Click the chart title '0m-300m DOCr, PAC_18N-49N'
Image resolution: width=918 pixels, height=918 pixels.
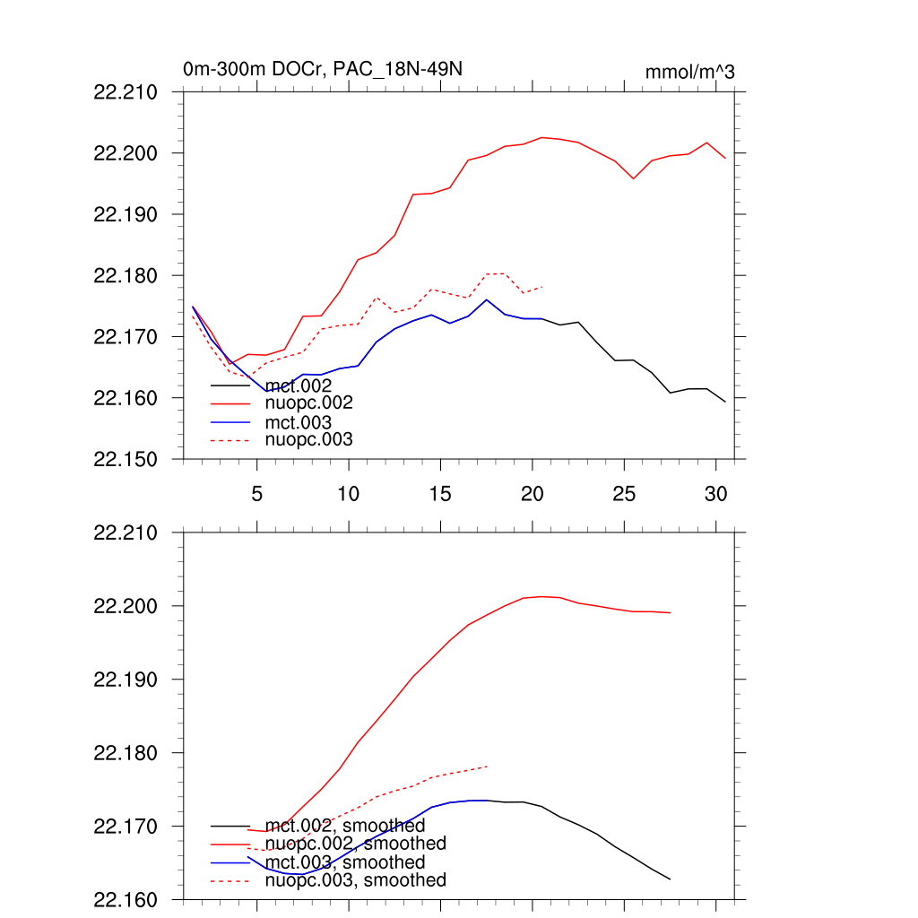click(x=323, y=69)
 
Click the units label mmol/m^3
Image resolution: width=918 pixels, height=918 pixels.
click(x=689, y=72)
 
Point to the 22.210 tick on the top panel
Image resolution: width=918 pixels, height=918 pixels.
click(x=126, y=92)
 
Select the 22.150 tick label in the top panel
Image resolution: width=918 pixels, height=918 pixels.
click(x=126, y=459)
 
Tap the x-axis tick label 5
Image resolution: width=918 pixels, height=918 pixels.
click(x=257, y=494)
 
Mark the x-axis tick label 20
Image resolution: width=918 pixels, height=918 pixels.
click(x=533, y=494)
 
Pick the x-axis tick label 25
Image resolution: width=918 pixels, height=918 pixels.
click(x=624, y=494)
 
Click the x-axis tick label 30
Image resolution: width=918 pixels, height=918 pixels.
click(x=715, y=494)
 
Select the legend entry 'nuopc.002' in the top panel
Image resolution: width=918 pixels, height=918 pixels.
click(x=309, y=403)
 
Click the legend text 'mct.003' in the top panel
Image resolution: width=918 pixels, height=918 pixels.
click(x=299, y=422)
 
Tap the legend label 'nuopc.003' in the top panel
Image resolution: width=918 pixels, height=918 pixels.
click(x=309, y=439)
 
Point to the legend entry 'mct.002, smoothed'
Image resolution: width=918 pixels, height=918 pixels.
click(x=345, y=826)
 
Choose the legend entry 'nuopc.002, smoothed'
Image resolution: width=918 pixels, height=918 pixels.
click(x=356, y=844)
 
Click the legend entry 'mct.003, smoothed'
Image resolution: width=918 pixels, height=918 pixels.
click(x=345, y=862)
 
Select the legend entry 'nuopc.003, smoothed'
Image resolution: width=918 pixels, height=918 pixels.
click(x=356, y=880)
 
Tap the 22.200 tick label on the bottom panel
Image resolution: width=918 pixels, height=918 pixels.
click(x=126, y=606)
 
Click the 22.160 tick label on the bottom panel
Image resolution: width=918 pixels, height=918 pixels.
click(x=126, y=899)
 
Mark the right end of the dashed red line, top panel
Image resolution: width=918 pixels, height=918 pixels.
click(x=542, y=287)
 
